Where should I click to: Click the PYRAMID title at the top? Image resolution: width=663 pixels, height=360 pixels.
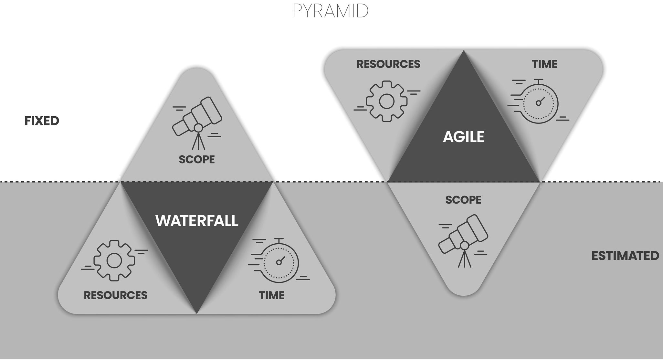pos(331,11)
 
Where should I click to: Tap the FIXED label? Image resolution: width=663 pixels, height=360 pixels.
pos(42,121)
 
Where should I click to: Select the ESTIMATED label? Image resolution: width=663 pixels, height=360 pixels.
pos(625,256)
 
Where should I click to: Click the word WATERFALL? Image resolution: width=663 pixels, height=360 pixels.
pos(197,221)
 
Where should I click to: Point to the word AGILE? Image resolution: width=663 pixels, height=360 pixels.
pos(463,137)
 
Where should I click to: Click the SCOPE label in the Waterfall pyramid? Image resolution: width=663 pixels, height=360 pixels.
pos(197,159)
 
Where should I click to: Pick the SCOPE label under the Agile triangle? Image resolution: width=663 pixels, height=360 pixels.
pos(463,200)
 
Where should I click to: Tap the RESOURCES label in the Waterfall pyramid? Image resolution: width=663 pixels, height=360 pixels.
pos(115,295)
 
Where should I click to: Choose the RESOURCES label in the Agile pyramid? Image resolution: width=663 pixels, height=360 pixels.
pos(388,64)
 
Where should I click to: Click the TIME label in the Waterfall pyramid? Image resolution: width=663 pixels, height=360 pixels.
pos(272,295)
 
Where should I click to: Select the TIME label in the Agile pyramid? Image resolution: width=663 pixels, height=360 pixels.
pos(545,64)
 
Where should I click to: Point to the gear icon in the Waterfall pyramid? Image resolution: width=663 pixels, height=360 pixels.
pos(114,260)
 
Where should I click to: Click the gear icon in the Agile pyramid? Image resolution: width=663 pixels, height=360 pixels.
pos(387,101)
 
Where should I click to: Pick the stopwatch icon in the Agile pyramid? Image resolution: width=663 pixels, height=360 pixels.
pos(539,103)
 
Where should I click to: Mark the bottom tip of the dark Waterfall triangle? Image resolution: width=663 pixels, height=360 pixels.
pos(197,313)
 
